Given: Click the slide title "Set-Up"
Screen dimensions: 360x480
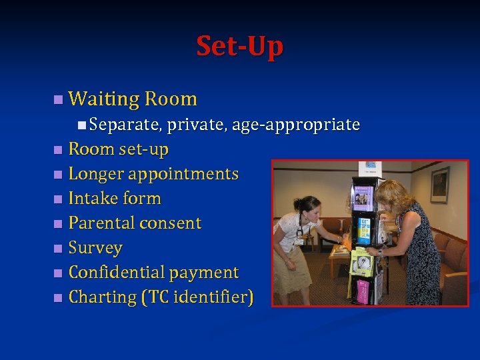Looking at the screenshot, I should point(239,46).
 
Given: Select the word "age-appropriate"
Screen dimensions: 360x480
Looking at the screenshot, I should point(296,125).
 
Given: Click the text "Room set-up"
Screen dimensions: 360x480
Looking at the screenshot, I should point(118,149).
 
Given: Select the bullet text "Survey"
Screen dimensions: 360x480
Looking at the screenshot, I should point(95,248).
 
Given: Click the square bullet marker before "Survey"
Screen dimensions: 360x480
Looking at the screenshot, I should point(59,248).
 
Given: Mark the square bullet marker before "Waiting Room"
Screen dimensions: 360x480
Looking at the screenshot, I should point(59,100).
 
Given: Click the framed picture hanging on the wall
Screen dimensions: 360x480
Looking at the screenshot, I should point(439,185).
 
